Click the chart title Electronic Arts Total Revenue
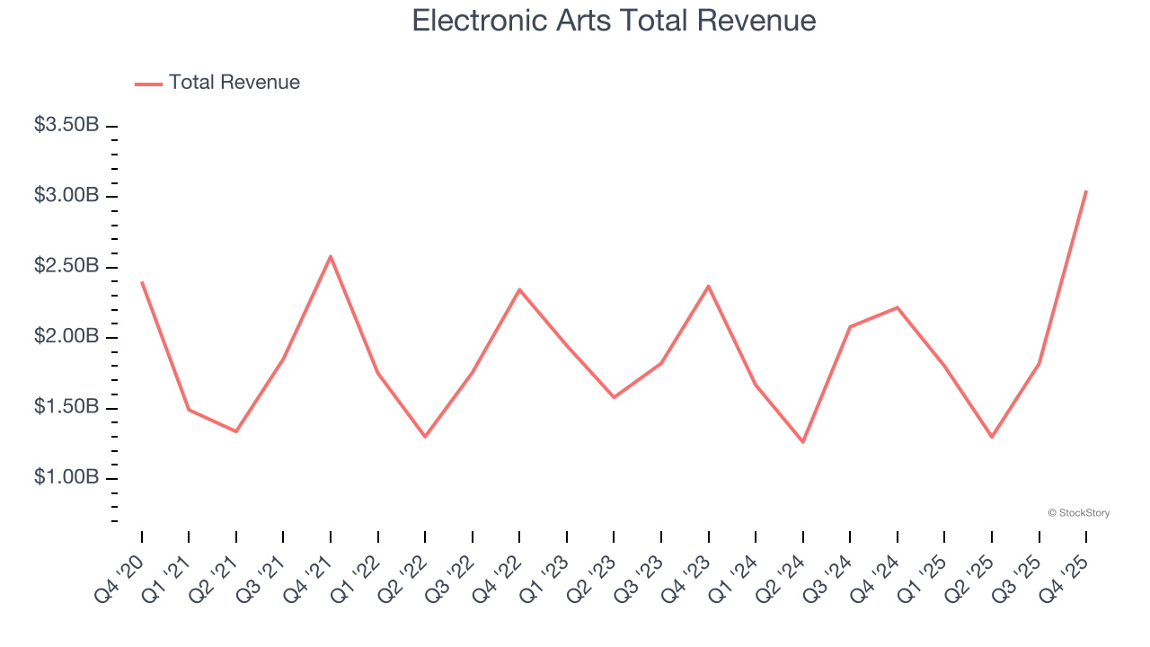click(614, 21)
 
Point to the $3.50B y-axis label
click(66, 125)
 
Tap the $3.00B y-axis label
click(66, 195)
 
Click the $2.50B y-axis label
click(66, 266)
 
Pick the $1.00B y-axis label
click(66, 477)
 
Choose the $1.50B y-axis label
click(66, 407)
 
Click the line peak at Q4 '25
click(1086, 191)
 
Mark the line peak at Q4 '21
click(331, 256)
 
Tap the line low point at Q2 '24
click(803, 442)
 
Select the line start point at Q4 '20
click(142, 282)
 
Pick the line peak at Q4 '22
click(519, 289)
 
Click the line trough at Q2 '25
click(992, 437)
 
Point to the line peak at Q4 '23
click(709, 286)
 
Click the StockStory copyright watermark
click(1079, 513)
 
